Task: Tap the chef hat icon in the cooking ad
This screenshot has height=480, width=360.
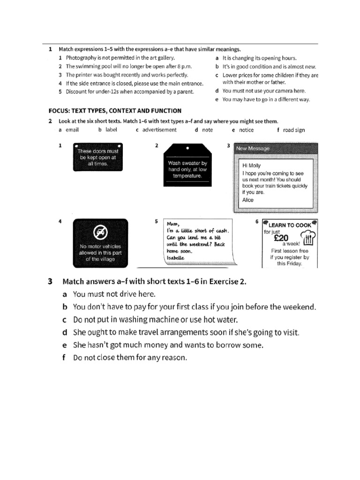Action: (x=307, y=239)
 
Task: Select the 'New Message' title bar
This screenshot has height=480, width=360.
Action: (x=275, y=149)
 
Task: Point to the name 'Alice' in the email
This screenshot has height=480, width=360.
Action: (x=247, y=200)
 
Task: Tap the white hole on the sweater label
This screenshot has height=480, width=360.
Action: (x=187, y=147)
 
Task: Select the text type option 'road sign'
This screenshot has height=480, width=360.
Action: (x=293, y=130)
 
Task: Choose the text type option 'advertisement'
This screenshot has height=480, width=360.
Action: (x=159, y=130)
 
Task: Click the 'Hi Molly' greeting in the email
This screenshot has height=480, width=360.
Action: (x=251, y=165)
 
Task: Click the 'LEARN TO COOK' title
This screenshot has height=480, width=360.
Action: (x=289, y=225)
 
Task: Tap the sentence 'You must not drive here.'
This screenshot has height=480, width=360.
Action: (x=114, y=294)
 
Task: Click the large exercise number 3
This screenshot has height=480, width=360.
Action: (x=50, y=282)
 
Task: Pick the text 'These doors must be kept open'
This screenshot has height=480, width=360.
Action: (x=98, y=155)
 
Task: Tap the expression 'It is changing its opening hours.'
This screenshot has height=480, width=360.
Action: (x=259, y=58)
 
